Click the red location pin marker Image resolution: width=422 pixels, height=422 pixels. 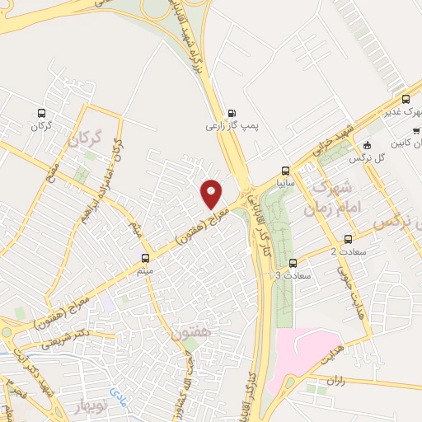[212, 195]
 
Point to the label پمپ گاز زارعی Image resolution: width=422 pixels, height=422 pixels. [232, 128]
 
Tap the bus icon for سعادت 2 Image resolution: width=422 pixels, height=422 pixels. [347, 237]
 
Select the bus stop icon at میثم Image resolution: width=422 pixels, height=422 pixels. [146, 257]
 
